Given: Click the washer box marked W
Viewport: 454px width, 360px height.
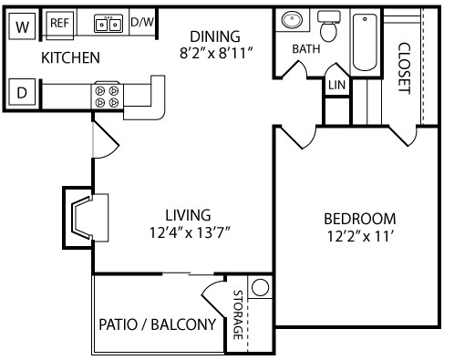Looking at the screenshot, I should click(22, 24).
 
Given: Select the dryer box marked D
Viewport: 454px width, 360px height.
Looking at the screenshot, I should click(22, 91).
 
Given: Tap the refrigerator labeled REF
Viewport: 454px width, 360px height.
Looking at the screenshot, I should click(60, 23).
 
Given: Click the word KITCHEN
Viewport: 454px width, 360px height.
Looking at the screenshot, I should click(70, 57).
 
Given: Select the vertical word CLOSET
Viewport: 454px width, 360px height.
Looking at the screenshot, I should click(404, 67).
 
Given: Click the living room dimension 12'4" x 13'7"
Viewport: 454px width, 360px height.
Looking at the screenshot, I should click(189, 231).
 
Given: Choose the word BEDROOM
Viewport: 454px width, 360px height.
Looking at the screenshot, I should click(360, 219).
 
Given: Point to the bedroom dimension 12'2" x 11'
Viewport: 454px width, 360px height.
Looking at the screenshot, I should click(360, 236).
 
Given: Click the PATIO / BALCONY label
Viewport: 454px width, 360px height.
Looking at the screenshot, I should click(157, 324).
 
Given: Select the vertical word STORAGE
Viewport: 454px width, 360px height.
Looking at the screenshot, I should click(237, 315).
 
